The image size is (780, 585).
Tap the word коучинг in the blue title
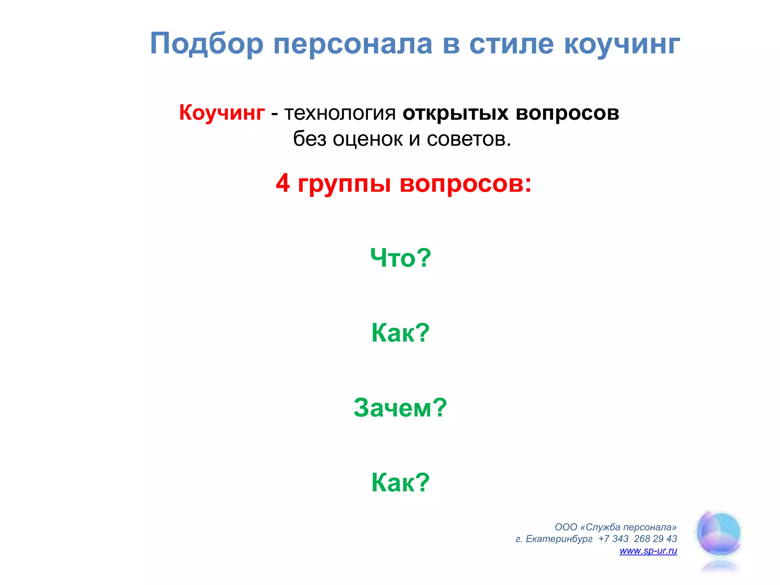pyautogui.click(x=622, y=44)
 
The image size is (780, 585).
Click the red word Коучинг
pyautogui.click(x=222, y=113)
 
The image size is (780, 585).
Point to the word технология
pyautogui.click(x=340, y=113)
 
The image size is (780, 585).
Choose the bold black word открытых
pyautogui.click(x=455, y=113)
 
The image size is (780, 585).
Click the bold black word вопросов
pyautogui.click(x=567, y=113)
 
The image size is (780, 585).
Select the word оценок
pyautogui.click(x=368, y=139)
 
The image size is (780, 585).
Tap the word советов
pyautogui.click(x=468, y=139)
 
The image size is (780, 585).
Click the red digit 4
pyautogui.click(x=283, y=183)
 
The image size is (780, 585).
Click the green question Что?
pyautogui.click(x=401, y=258)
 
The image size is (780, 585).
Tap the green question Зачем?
pyautogui.click(x=400, y=408)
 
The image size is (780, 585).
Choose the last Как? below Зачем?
pyautogui.click(x=401, y=483)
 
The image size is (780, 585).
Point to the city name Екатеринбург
pyautogui.click(x=559, y=539)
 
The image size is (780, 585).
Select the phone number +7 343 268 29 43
pyautogui.click(x=638, y=539)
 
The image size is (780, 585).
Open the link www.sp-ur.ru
pyautogui.click(x=648, y=551)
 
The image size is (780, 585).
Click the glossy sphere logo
pyautogui.click(x=719, y=533)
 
